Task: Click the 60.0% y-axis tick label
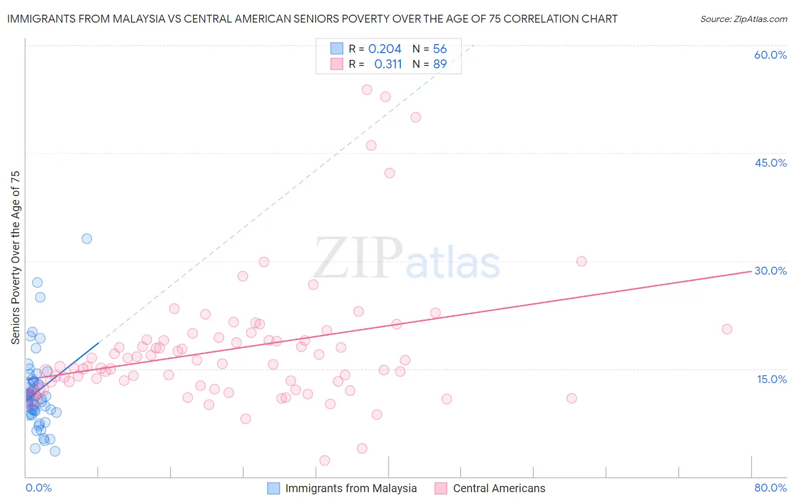click(770, 55)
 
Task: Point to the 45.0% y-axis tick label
click(770, 163)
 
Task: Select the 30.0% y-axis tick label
click(770, 271)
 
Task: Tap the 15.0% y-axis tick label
click(771, 379)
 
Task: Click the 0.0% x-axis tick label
click(38, 488)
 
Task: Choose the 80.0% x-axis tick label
click(770, 488)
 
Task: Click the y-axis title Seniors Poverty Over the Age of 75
click(16, 257)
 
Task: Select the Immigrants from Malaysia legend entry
click(351, 488)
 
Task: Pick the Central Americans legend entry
click(499, 488)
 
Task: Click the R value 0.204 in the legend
click(385, 49)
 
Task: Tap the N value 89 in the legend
click(440, 64)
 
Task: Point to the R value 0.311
click(388, 64)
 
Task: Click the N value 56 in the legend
click(440, 49)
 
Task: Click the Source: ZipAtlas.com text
click(743, 19)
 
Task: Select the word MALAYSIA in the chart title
click(138, 19)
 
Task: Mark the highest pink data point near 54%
click(367, 89)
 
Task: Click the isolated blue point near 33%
click(86, 238)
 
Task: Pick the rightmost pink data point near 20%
click(727, 329)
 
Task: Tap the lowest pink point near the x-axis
click(325, 460)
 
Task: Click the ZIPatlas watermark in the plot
click(407, 259)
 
